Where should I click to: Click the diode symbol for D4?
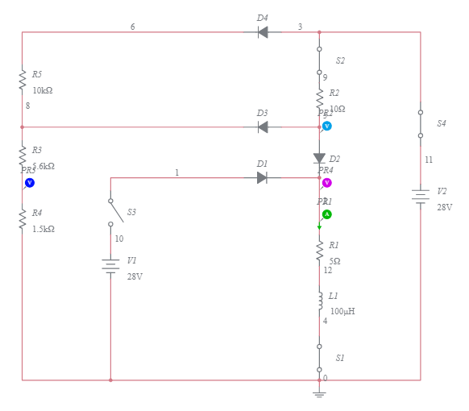pos(263,32)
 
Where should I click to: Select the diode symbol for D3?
pos(263,127)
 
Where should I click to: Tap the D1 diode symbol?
pos(262,177)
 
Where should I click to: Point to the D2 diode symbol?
pos(319,159)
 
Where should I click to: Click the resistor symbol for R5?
pos(23,81)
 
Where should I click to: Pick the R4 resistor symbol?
pos(23,219)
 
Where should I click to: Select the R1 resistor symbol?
pos(319,250)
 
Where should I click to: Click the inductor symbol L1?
pos(319,301)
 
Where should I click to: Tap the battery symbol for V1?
pos(110,266)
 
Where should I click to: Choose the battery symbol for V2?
pos(420,196)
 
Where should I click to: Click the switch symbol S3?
pos(116,212)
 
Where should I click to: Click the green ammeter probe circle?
pos(327,214)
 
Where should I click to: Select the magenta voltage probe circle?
pos(327,183)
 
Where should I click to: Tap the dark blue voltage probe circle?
pos(30,183)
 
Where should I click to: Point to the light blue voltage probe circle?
pos(327,126)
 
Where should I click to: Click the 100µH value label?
pos(342,311)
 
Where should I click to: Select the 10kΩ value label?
pos(43,90)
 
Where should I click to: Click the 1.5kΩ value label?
pos(44,229)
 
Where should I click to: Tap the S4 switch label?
pos(442,123)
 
